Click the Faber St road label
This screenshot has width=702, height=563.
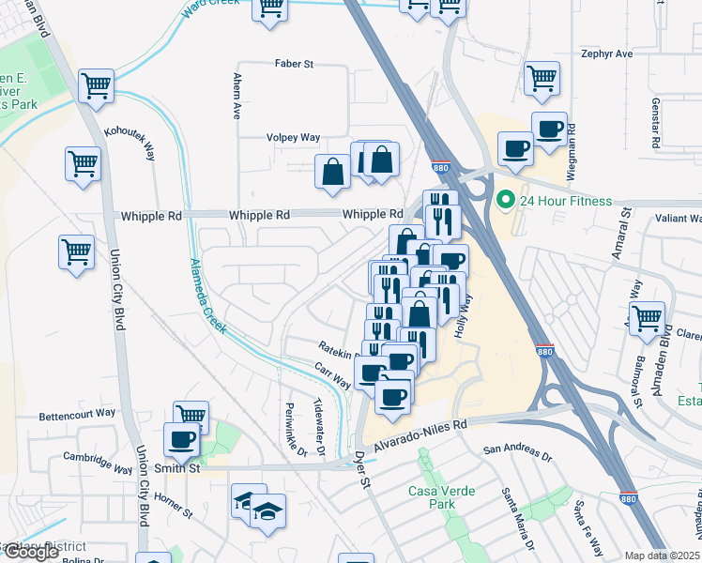click(294, 64)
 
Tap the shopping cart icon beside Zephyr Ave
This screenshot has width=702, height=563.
click(542, 81)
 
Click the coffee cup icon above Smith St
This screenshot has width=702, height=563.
click(181, 439)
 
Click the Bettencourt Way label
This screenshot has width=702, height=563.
click(77, 413)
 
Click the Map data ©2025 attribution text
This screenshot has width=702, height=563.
click(663, 555)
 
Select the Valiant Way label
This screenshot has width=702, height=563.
click(673, 218)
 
